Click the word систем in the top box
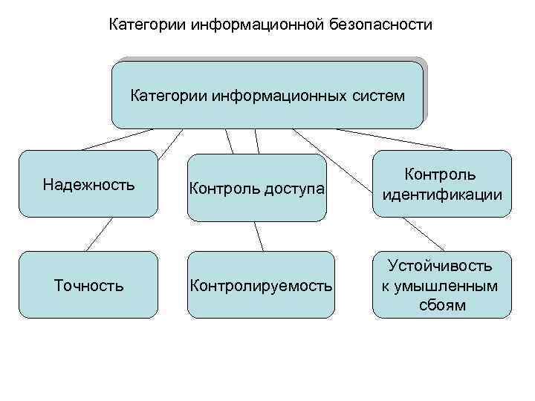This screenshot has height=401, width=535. coord(378,96)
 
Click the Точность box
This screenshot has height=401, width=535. coord(88,285)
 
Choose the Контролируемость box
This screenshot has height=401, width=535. coord(261,285)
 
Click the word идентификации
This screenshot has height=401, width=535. coord(441,195)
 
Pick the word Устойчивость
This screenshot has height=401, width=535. coord(441,266)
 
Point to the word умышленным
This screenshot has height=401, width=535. coord(441,286)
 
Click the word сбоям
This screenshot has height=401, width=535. coord(441,304)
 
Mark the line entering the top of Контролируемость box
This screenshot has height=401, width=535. coord(259,236)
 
